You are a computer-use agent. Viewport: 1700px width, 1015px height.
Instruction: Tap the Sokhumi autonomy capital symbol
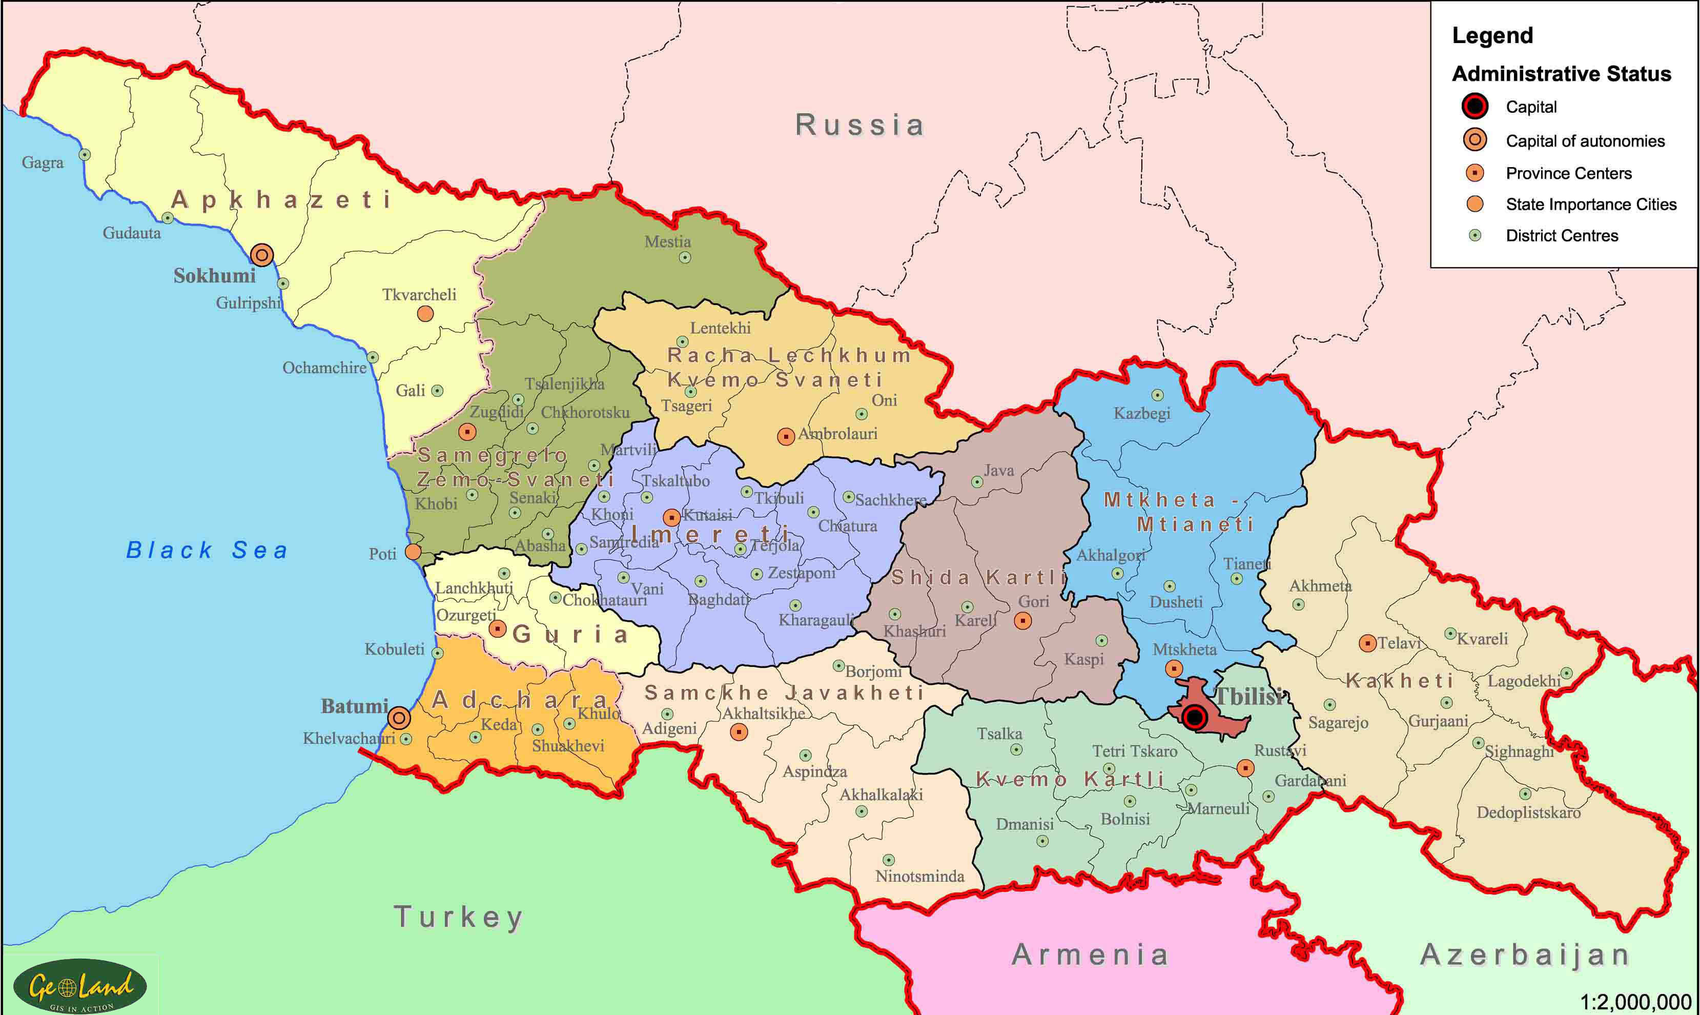[262, 255]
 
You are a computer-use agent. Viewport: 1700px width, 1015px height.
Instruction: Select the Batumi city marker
[399, 718]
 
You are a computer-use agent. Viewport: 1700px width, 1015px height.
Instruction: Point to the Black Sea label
[207, 550]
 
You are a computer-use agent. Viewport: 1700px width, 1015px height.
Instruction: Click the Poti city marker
[413, 551]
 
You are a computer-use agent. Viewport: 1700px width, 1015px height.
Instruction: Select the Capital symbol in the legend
[1475, 106]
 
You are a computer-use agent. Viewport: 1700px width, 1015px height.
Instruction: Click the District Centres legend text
[1561, 236]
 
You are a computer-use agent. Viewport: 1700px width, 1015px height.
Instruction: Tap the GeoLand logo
[80, 986]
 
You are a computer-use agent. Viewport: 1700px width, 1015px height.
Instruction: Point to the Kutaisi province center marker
[671, 517]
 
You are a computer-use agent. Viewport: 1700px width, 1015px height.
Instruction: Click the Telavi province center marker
[1367, 643]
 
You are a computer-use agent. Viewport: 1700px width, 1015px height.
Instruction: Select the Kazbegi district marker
[1157, 395]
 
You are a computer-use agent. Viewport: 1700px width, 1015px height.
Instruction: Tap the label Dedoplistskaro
[1528, 813]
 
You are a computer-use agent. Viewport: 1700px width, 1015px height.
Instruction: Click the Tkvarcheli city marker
[425, 314]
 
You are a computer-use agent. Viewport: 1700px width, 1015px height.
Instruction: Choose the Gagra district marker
[85, 155]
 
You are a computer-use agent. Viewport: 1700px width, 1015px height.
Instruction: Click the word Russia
[859, 125]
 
